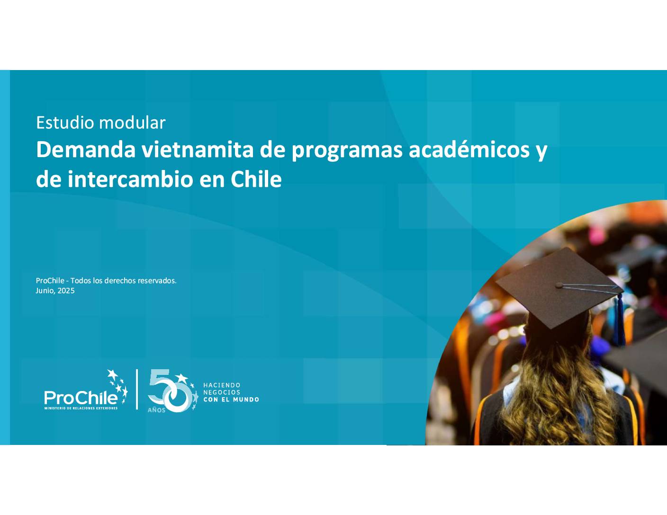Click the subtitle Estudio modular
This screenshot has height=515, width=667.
[101, 123]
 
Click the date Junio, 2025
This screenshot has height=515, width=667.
[55, 291]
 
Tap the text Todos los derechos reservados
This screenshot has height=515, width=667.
[123, 281]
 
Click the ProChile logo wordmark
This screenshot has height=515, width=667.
[81, 398]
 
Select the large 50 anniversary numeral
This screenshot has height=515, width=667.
[169, 391]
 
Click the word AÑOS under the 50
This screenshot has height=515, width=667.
[156, 410]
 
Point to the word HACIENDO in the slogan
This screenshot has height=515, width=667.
[222, 385]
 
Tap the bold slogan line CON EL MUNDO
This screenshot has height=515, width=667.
[231, 400]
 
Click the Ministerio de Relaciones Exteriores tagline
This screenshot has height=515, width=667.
[81, 408]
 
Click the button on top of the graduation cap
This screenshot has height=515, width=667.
[559, 285]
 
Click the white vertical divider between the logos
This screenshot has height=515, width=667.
[137, 390]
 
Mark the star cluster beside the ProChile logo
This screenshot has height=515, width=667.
[118, 385]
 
